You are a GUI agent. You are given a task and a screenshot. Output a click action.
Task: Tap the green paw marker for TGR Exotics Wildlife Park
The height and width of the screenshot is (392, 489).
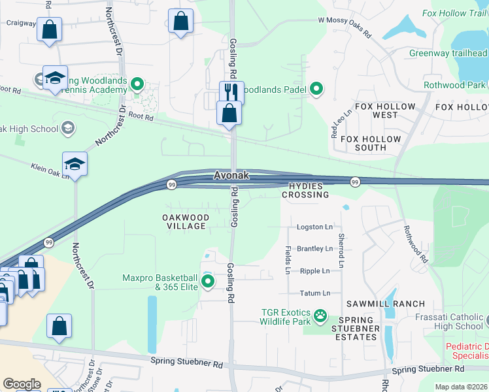tap(320, 317)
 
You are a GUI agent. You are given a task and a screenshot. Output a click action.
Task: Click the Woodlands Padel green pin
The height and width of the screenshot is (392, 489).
tap(316, 88)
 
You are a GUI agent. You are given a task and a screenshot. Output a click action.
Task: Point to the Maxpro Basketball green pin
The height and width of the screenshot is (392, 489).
tap(208, 282)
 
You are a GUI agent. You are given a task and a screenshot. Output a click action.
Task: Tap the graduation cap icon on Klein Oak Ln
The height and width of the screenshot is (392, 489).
tap(75, 163)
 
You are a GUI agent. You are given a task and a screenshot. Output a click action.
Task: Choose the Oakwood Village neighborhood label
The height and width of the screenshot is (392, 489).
tap(186, 221)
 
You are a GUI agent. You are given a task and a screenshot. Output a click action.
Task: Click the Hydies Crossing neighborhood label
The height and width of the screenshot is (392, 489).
tap(305, 190)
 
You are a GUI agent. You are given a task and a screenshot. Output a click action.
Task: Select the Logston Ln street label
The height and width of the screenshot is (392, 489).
tap(314, 227)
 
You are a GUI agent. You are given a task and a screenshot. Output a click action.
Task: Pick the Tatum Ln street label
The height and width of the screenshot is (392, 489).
tap(314, 293)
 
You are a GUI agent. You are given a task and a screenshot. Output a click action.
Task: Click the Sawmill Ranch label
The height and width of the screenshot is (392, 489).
tap(396, 304)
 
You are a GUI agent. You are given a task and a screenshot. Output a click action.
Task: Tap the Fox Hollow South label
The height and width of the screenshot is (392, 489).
tap(371, 143)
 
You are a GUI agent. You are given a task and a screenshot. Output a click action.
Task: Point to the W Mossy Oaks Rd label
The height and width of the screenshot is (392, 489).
tap(345, 20)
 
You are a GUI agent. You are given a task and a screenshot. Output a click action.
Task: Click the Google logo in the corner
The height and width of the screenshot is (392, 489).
tap(22, 384)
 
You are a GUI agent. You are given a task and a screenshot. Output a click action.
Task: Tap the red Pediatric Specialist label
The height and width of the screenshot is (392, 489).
tap(467, 351)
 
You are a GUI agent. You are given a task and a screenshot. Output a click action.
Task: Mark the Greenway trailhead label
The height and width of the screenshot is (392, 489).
tap(448, 53)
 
